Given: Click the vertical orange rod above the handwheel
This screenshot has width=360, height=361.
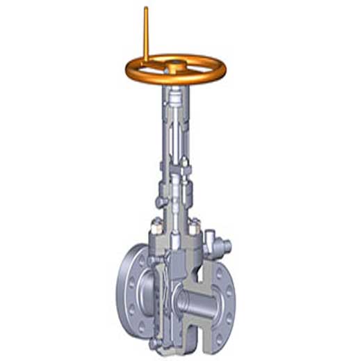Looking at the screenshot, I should [146, 35].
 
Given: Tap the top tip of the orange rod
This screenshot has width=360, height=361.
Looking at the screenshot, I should [146, 9].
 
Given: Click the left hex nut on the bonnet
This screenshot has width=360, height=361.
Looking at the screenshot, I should [156, 226].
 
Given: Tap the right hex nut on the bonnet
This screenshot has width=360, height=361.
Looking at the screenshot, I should [195, 227].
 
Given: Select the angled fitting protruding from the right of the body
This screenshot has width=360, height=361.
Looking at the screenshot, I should [222, 246].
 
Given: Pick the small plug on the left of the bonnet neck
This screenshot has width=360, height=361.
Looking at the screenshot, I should [161, 202].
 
